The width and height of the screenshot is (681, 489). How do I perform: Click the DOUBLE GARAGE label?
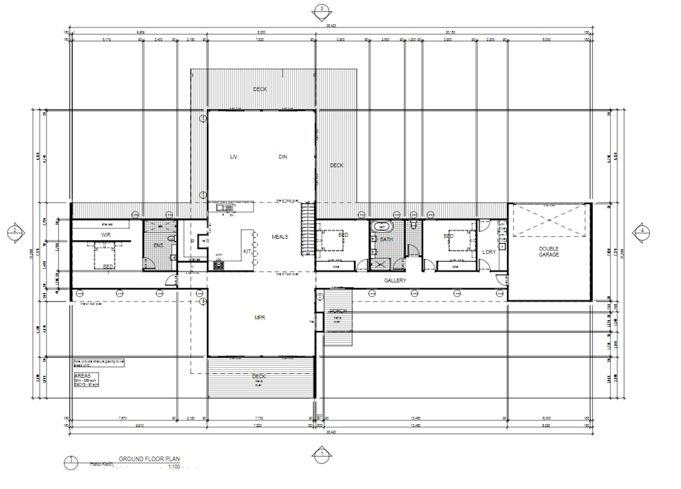coord(549,252)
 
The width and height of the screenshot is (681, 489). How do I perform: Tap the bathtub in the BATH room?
coord(382,227)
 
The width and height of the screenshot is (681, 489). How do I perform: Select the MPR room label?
coord(260,318)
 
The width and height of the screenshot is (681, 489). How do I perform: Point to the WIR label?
coord(106,235)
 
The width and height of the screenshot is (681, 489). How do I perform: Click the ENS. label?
coord(158,245)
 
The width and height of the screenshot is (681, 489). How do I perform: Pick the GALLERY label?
coord(394,280)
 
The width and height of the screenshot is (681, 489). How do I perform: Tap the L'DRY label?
coord(489,252)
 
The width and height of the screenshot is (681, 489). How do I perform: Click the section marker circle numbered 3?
coord(321,8)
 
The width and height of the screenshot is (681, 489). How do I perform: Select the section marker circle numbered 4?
coord(642,230)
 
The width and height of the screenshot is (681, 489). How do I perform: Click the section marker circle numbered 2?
coord(15,230)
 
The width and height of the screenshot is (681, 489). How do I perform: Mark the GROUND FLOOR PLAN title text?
coord(149,459)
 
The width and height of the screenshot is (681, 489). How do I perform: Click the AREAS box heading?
coord(83,376)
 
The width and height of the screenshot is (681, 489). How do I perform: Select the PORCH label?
coord(338,311)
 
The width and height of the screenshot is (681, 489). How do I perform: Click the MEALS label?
coord(280,237)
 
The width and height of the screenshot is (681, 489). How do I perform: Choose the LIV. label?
coord(234,157)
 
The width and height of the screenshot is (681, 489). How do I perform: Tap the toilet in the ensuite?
coord(171,239)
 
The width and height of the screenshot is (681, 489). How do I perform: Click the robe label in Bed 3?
coord(455,266)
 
